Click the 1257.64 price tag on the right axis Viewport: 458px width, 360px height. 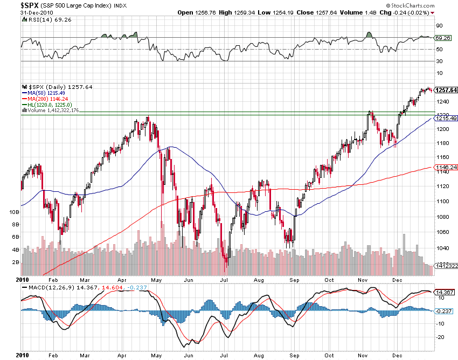pos(446,90)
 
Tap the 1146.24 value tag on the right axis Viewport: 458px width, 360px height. pos(446,168)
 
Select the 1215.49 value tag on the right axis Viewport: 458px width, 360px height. pos(446,118)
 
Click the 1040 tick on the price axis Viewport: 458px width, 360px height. pos(443,248)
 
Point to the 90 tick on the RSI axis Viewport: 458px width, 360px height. pos(439,25)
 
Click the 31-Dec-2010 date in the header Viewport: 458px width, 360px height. pos(20,12)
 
